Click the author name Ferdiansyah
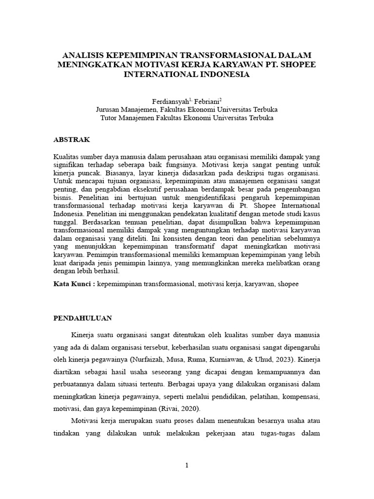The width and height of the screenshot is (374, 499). [x=168, y=101]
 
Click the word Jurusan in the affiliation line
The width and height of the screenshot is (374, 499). [x=109, y=110]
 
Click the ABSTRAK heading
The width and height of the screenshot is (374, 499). [x=71, y=139]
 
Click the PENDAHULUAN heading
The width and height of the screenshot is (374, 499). [x=82, y=318]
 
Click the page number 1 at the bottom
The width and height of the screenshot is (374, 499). [x=187, y=465]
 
